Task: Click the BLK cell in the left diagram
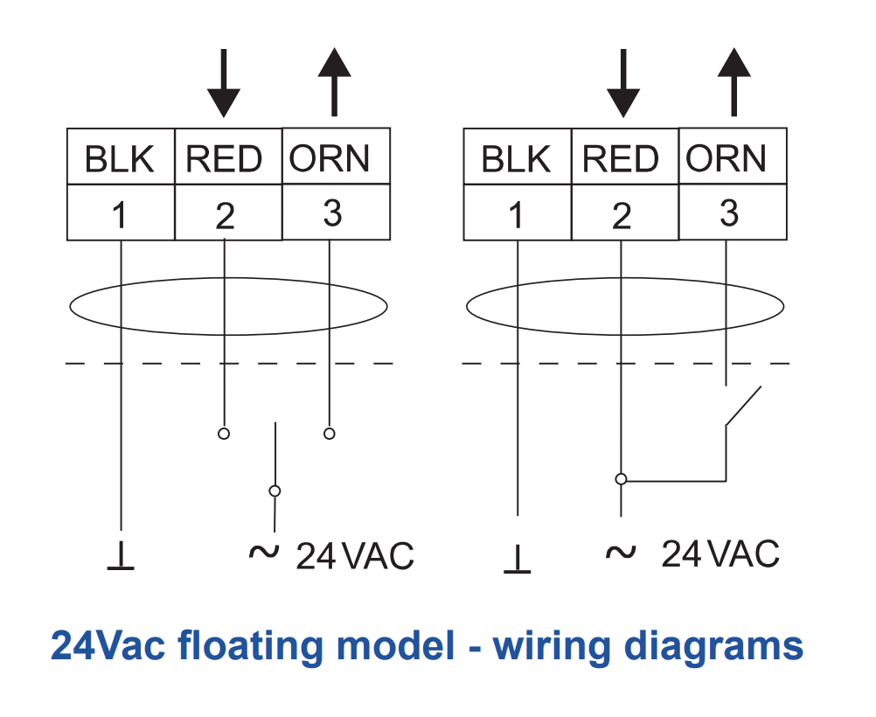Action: tap(121, 159)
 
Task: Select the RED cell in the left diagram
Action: tap(226, 159)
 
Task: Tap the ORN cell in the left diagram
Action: tap(331, 158)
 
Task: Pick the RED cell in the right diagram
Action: tap(622, 159)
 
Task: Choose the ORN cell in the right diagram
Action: tap(728, 158)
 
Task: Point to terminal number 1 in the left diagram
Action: tap(121, 213)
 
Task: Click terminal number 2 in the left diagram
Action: tap(226, 214)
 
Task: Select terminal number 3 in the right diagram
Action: tap(728, 212)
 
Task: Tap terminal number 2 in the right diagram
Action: tap(622, 214)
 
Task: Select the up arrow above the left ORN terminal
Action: tap(331, 82)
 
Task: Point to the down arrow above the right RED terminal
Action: tap(622, 84)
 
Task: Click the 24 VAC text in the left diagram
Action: tap(354, 555)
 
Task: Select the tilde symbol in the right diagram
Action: tap(620, 553)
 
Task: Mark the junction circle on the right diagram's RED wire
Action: tap(622, 479)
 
